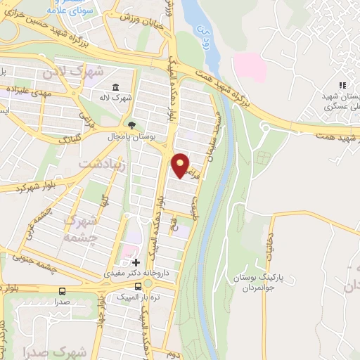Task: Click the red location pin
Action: tap(181, 165)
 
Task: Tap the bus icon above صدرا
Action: tap(63, 290)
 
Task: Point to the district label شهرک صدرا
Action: tap(32, 349)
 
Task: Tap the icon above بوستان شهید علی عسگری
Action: tap(342, 84)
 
